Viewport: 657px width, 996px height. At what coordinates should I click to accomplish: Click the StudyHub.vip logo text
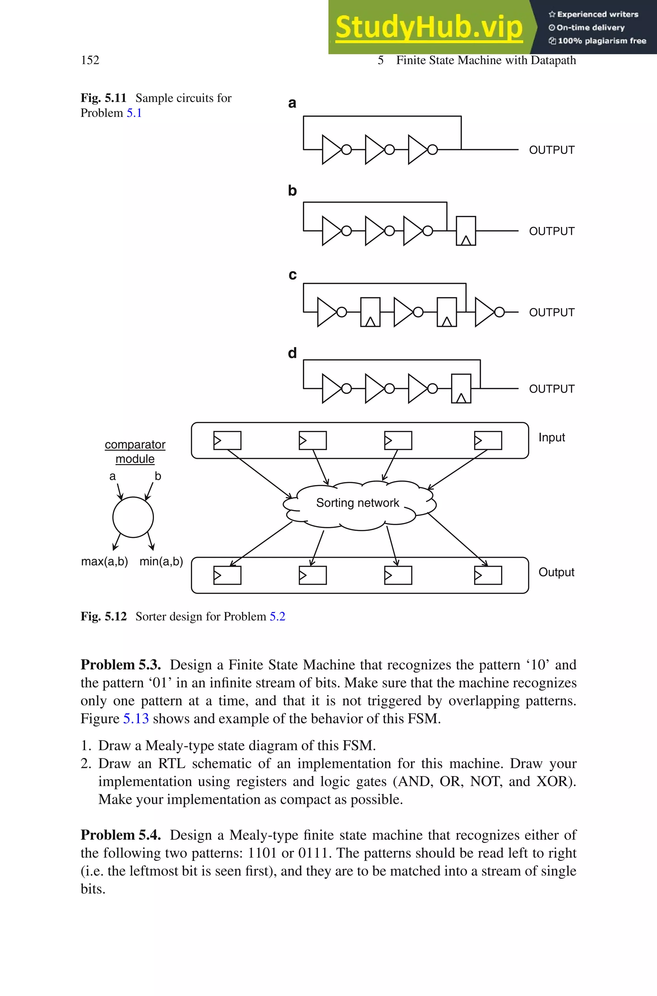429,27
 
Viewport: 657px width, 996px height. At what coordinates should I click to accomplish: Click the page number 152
90,60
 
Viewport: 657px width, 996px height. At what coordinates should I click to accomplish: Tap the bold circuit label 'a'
292,103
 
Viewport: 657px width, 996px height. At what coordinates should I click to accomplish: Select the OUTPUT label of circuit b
551,231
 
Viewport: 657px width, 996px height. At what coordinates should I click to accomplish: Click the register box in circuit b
465,230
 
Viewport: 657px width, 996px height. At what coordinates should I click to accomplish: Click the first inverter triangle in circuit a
331,149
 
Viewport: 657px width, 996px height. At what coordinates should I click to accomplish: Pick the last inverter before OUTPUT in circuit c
485,312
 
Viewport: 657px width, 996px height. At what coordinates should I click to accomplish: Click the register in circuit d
461,388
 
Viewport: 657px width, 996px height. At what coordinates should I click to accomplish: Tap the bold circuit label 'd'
292,353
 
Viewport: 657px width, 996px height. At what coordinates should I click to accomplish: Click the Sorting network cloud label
357,503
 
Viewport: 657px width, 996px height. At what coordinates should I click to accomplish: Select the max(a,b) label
104,561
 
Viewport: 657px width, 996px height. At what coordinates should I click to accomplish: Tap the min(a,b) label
161,561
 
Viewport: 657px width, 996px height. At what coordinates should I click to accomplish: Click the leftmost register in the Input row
227,440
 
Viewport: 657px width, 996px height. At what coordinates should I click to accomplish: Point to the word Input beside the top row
551,437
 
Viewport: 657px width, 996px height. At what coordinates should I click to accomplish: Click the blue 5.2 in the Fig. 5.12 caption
277,616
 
